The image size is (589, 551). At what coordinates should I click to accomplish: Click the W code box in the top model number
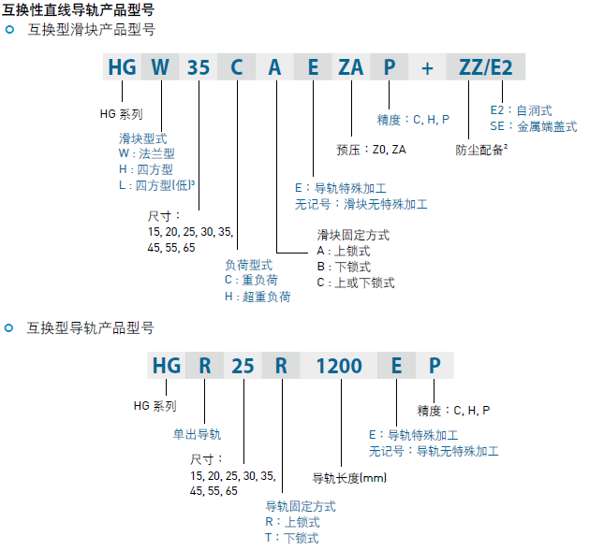(160, 66)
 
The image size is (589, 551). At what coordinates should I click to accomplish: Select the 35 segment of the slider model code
(199, 66)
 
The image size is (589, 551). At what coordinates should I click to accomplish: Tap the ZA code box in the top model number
(351, 66)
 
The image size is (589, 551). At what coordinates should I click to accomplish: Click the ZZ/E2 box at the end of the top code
(486, 66)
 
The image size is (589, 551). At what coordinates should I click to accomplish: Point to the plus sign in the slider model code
(427, 68)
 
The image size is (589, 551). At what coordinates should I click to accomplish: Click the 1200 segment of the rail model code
(339, 366)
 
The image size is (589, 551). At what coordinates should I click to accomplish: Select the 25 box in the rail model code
(243, 366)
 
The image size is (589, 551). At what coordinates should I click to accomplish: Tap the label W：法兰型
(146, 153)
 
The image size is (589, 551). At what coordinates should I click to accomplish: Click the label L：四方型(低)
(156, 185)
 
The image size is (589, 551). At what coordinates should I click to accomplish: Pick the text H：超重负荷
(258, 297)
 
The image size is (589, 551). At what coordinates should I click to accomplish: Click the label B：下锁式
(344, 267)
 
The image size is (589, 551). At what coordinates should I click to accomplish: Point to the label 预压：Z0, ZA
(371, 150)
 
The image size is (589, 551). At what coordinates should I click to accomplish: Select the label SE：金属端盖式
(534, 126)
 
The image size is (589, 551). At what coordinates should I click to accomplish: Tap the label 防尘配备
(481, 150)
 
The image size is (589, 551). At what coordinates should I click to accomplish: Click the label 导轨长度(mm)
(349, 478)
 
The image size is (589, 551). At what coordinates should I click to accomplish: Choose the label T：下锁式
(292, 538)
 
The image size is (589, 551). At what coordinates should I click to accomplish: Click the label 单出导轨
(197, 434)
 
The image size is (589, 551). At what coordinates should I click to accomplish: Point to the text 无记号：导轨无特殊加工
(434, 451)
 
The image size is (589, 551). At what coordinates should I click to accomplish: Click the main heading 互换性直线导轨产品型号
(78, 9)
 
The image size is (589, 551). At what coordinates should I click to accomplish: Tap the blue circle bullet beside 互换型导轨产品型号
(8, 328)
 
